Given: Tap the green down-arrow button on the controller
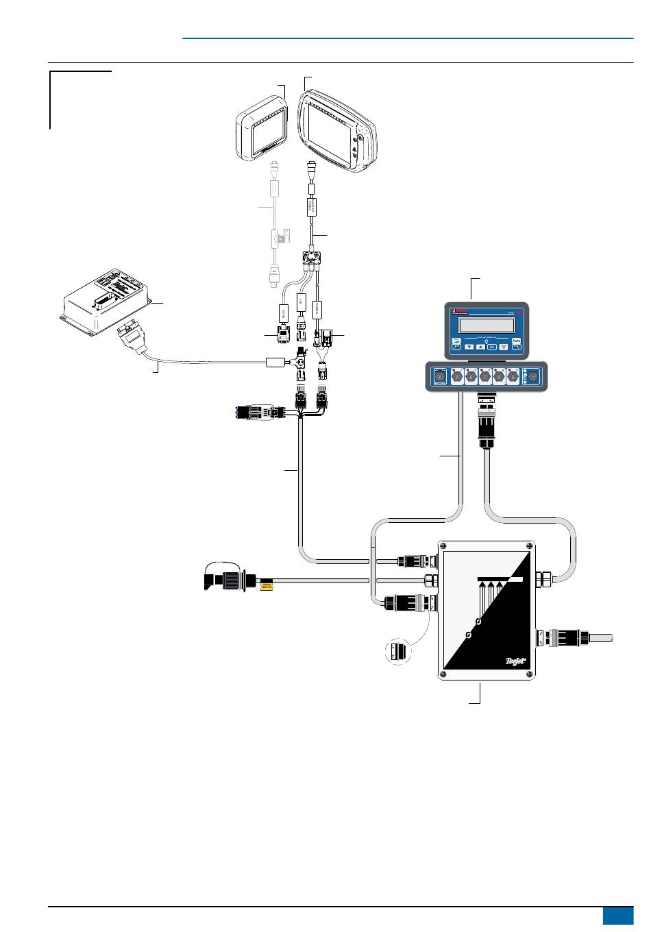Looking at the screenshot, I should (469, 347).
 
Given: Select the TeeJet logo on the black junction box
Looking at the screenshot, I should (515, 661).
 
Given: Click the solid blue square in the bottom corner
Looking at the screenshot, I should (618, 916).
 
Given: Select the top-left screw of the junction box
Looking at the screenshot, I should (443, 547).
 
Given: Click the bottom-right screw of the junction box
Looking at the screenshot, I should (529, 674).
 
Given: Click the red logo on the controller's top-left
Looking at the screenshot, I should (454, 312).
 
